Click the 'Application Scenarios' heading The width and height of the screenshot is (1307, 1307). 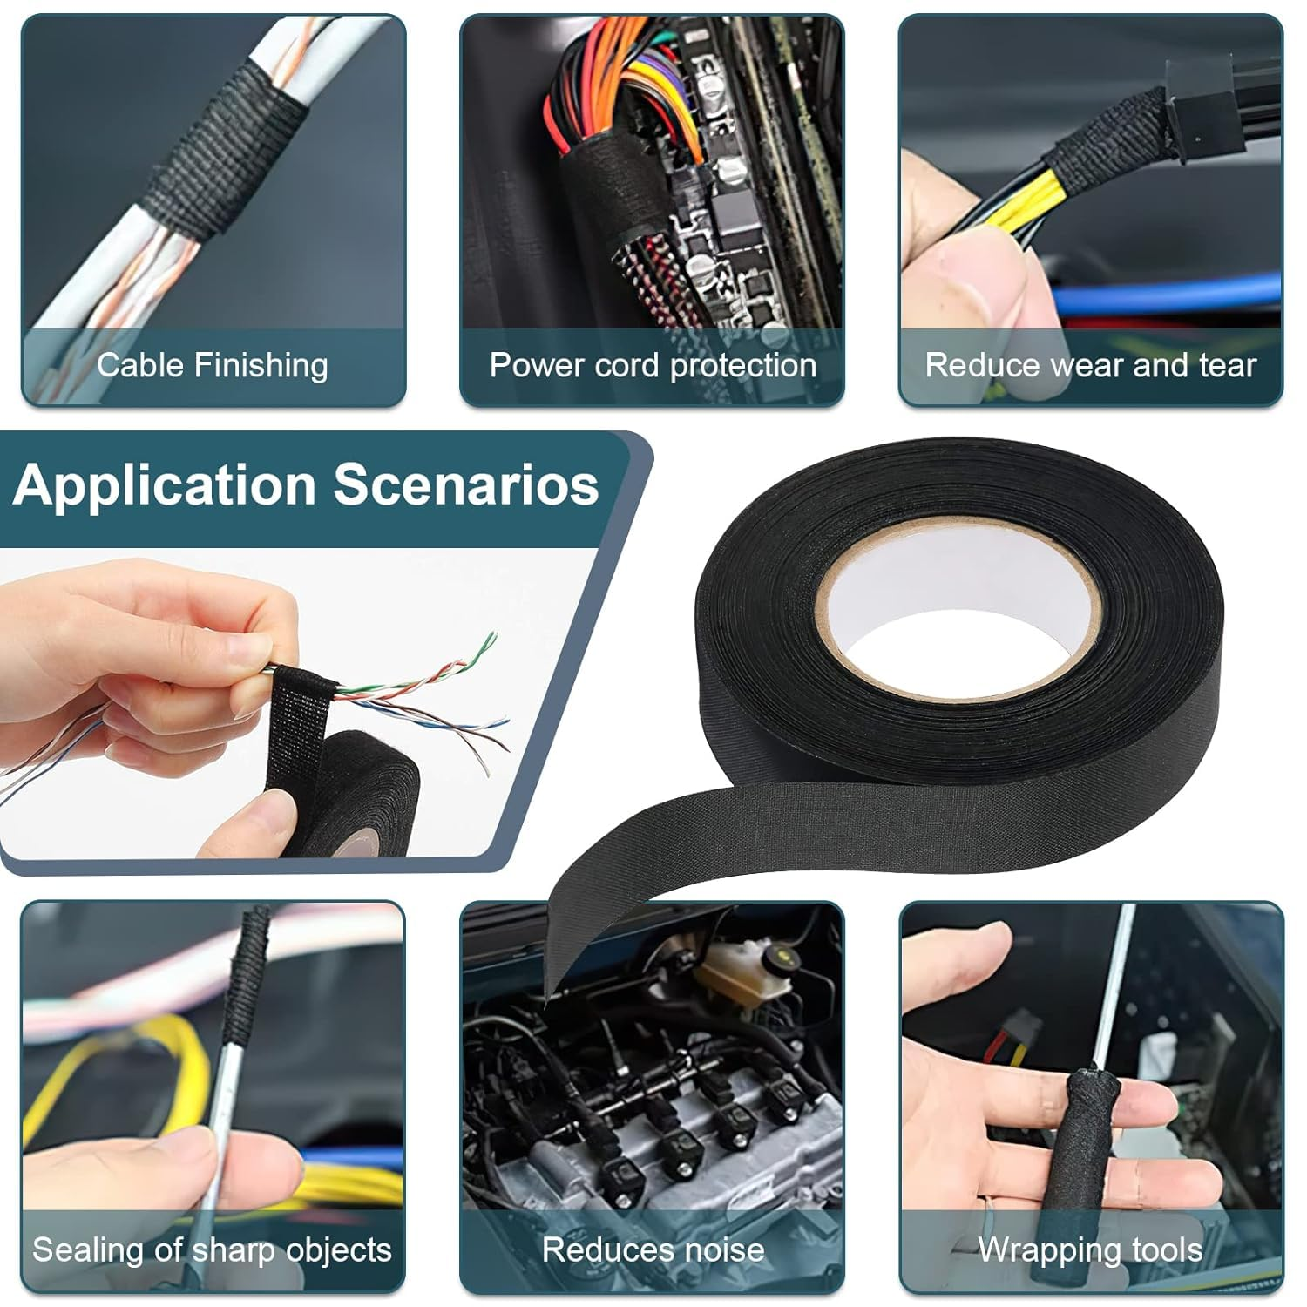[306, 484]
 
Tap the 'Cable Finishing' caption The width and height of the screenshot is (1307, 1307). [212, 365]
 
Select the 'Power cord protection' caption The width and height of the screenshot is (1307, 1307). [653, 365]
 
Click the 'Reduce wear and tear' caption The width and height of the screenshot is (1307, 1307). [1090, 365]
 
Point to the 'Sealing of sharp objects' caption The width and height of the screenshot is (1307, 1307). [212, 1250]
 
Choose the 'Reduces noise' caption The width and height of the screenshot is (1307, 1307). [653, 1250]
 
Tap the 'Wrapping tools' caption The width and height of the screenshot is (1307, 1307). [1090, 1250]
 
